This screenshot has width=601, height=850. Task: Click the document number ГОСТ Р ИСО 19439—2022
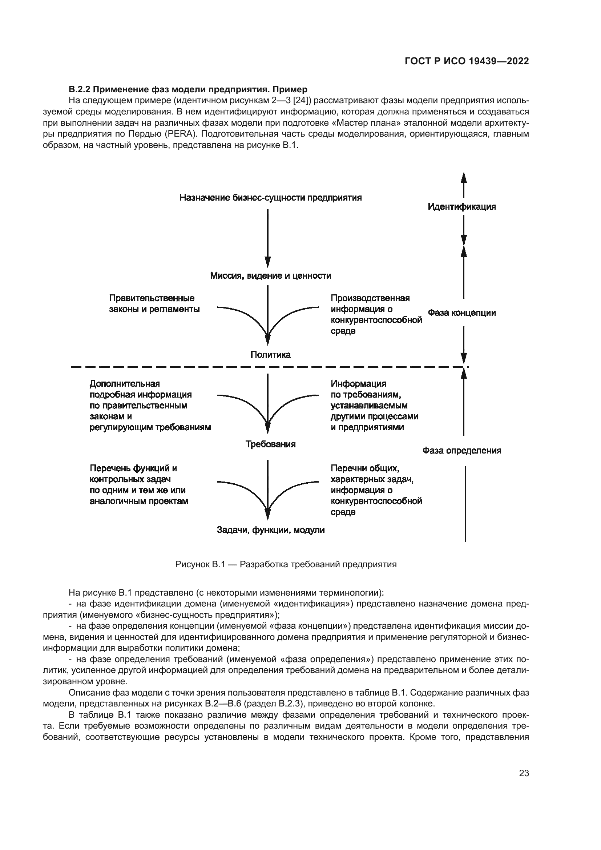[x=467, y=61]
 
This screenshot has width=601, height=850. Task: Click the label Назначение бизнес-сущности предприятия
[x=271, y=198]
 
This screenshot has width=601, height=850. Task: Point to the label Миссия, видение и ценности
[x=271, y=275]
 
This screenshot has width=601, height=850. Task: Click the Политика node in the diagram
[x=271, y=355]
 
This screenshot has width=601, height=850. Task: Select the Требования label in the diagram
[x=271, y=444]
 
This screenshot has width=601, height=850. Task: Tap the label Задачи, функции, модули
[x=271, y=530]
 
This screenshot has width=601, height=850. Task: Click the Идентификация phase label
[x=461, y=206]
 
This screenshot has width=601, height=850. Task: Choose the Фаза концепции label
[x=461, y=313]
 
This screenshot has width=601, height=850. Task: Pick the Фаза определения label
[x=461, y=451]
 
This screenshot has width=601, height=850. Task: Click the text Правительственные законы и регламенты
[x=154, y=303]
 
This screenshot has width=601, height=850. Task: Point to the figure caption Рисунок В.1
[x=286, y=564]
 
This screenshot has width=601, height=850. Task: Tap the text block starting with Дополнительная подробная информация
[x=150, y=406]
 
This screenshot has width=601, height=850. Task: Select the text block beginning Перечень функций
[x=139, y=485]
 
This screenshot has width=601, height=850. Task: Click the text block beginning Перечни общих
[x=376, y=490]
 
